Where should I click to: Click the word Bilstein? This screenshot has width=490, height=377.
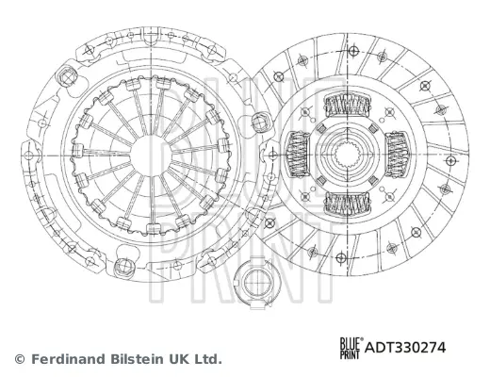coord(137,359)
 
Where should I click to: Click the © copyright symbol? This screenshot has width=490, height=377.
coord(19,359)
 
